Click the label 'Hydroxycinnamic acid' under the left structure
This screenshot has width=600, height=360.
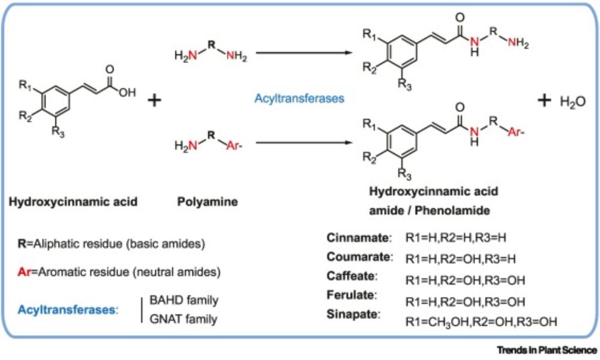coord(73,202)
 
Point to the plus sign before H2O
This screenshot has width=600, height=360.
coord(544,101)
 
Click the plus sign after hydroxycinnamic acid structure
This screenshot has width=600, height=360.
coord(154,100)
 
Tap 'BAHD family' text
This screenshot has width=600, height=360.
coord(183,300)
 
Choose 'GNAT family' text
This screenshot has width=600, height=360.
coord(183,319)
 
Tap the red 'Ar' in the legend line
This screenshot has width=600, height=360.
coord(24,272)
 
